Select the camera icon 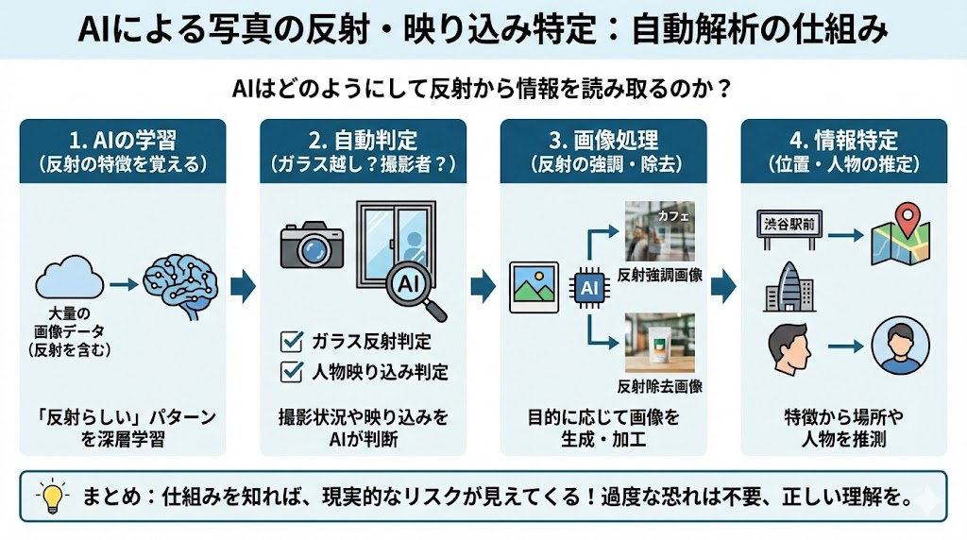tap(311, 245)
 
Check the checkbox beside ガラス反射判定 tap(292, 341)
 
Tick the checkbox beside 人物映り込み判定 tap(292, 371)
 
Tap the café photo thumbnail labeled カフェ tap(659, 231)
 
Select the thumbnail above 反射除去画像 tap(659, 343)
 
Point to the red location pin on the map tap(908, 221)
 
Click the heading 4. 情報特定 tap(843, 140)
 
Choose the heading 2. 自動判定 tap(364, 140)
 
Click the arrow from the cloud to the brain tap(123, 281)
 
